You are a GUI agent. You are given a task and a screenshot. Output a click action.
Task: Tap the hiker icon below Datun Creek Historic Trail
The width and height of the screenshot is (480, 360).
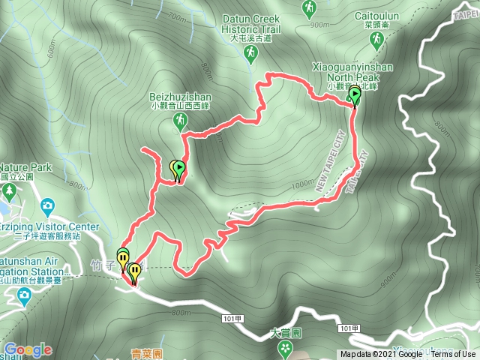point(250,53)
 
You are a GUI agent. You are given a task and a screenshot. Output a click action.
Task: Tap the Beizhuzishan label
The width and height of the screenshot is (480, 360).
point(180,97)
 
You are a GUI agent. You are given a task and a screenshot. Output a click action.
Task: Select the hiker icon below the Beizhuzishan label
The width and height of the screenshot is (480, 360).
point(180,121)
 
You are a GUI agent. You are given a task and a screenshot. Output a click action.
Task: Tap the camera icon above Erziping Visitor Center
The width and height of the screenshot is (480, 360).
point(48,205)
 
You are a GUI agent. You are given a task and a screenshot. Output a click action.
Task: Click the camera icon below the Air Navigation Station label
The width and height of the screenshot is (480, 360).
point(24,294)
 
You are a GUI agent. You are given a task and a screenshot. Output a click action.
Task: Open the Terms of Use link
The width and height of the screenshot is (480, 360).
point(453,355)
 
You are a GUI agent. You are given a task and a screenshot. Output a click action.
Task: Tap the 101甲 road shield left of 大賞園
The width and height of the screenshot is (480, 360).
point(232,319)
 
